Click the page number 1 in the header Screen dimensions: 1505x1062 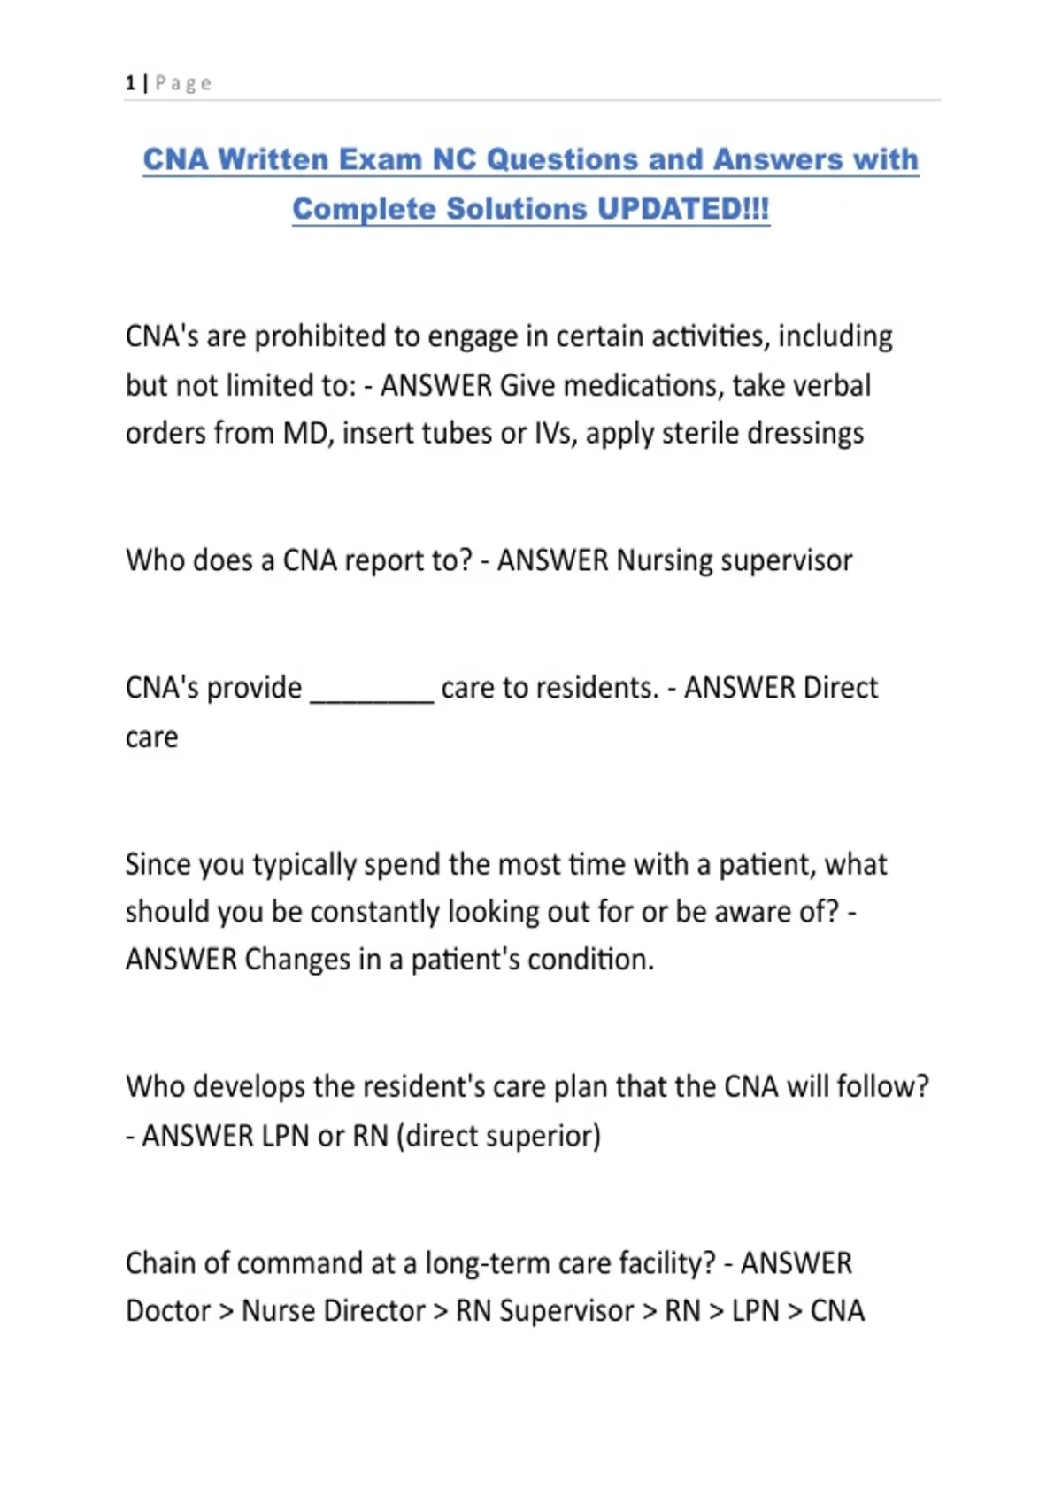[x=130, y=83]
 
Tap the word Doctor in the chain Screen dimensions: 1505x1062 [x=168, y=1311]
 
